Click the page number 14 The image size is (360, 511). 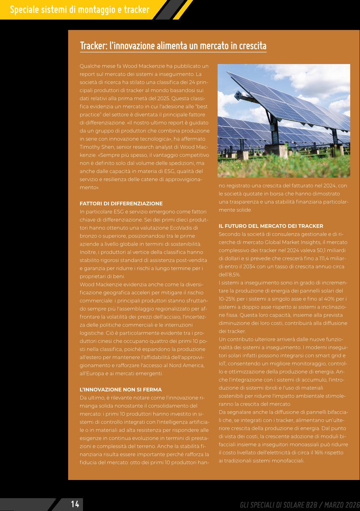(75, 504)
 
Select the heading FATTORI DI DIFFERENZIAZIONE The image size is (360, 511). (121, 204)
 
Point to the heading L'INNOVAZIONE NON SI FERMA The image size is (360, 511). (120, 390)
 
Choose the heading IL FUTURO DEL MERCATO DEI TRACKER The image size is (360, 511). (271, 226)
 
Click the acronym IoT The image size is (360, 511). (222, 364)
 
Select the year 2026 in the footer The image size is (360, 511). (353, 505)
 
